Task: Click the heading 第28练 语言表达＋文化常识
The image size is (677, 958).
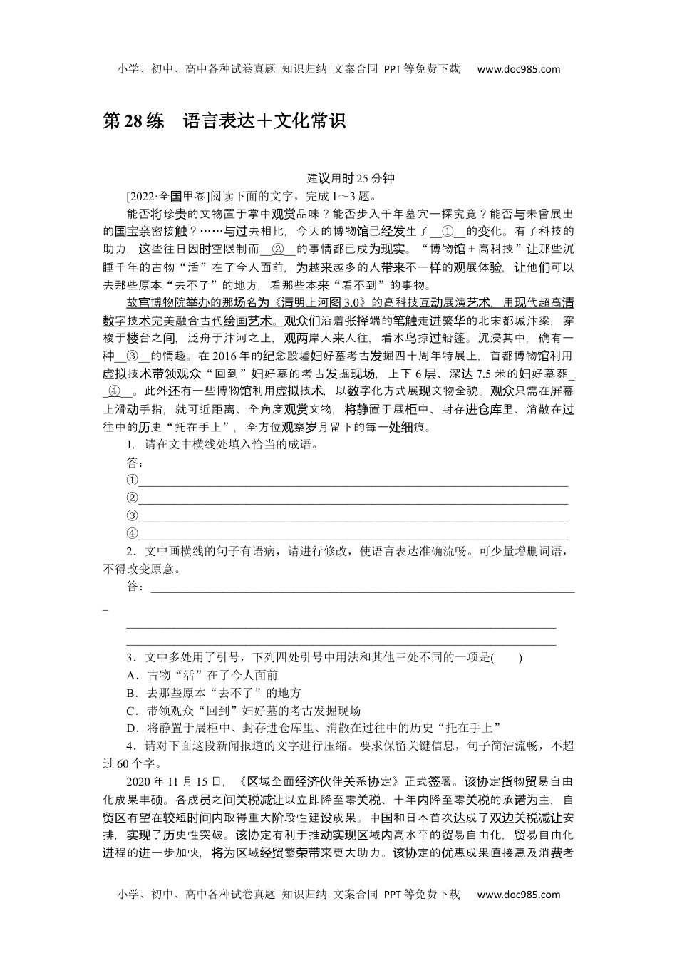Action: pos(224,121)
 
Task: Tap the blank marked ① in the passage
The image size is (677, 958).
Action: pos(448,231)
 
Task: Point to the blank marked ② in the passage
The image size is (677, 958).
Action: pos(279,249)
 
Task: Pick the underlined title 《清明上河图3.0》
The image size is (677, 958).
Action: pos(316,302)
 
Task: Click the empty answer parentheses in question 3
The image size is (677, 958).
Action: pos(506,657)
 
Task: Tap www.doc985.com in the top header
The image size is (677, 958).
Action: pos(519,69)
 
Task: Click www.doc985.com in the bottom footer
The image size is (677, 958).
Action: pos(519,895)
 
